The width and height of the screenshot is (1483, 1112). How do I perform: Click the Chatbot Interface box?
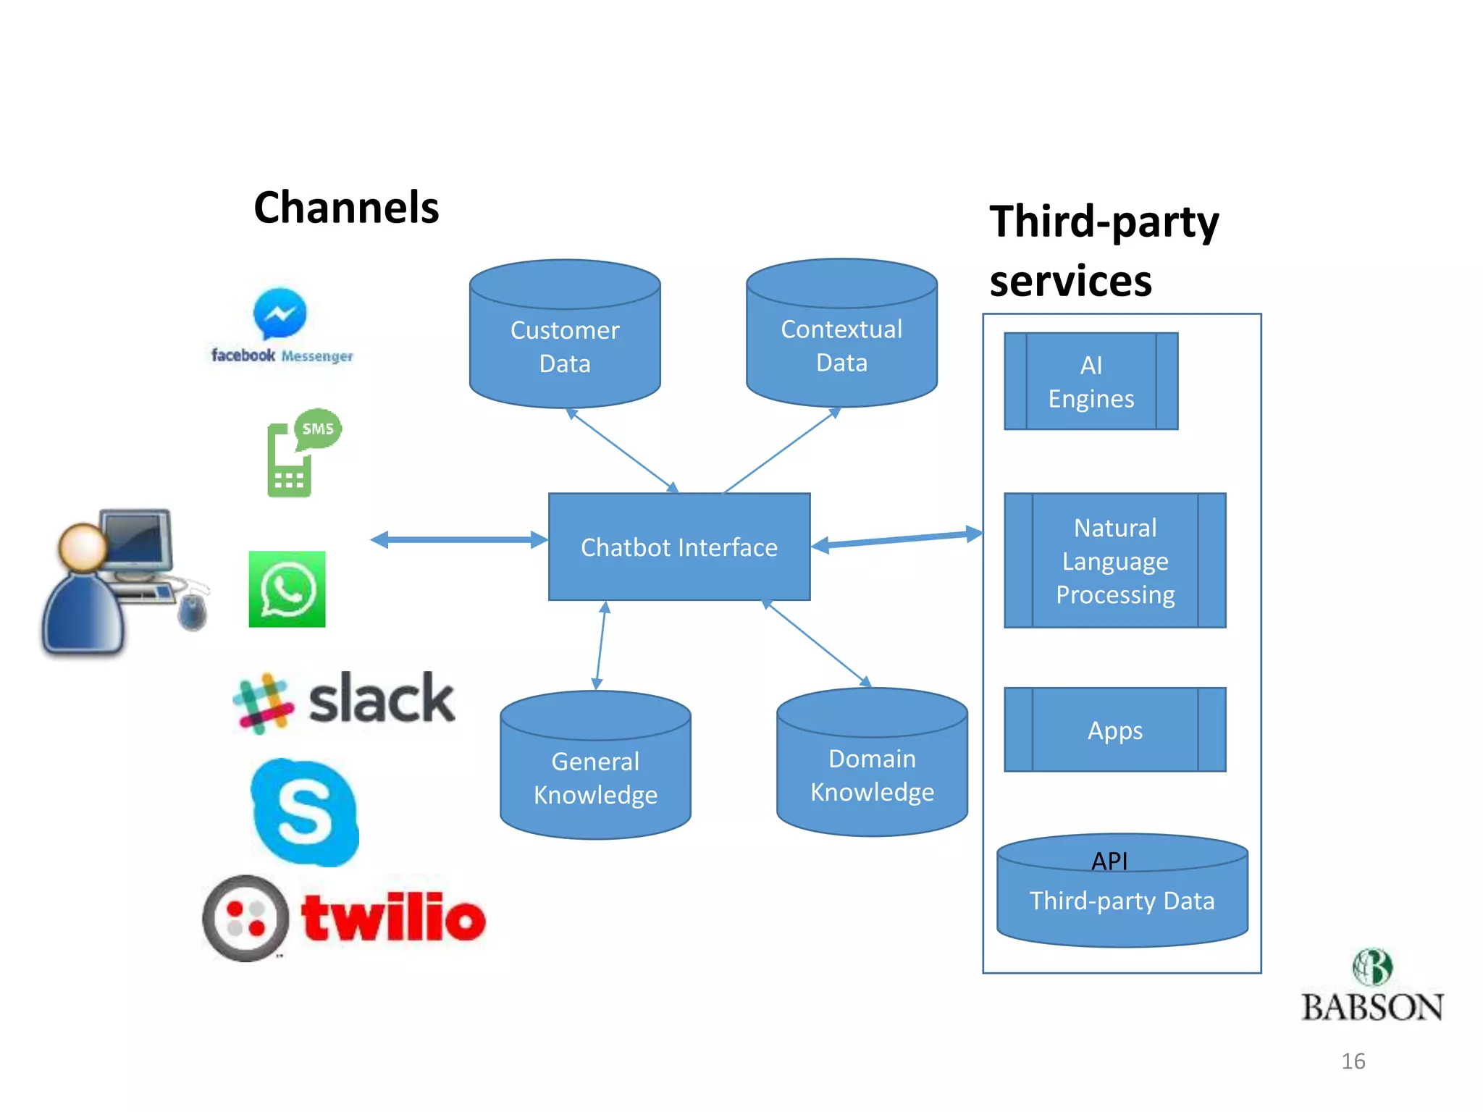679,547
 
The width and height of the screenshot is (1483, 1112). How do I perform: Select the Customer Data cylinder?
565,340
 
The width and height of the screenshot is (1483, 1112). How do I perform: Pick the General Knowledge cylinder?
595,771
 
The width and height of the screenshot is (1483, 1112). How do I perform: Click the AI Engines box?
1091,382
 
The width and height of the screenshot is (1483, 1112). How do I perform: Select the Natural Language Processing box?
1114,560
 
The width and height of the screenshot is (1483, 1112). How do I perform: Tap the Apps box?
1114,730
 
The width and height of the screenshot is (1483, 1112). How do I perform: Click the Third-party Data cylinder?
1122,898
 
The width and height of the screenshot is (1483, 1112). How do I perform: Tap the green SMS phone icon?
301,453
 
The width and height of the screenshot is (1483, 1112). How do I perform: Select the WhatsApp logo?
287,589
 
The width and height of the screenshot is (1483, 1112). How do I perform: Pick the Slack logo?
344,701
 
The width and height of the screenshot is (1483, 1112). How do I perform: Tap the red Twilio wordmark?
393,918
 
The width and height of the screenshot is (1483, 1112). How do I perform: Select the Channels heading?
346,208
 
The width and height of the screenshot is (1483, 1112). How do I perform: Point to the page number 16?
1353,1061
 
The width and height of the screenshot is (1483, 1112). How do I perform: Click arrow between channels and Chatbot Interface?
458,539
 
